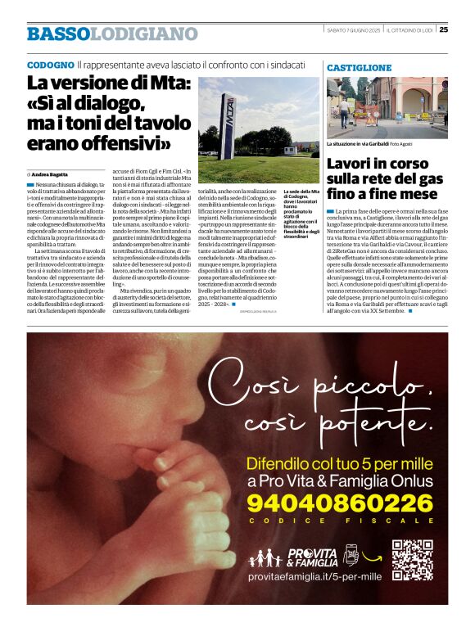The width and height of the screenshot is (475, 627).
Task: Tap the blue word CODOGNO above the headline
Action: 50,64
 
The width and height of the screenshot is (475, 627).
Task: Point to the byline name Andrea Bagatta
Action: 52,174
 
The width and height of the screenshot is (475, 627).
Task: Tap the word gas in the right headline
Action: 428,178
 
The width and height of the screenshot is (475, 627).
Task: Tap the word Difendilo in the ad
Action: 284,462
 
